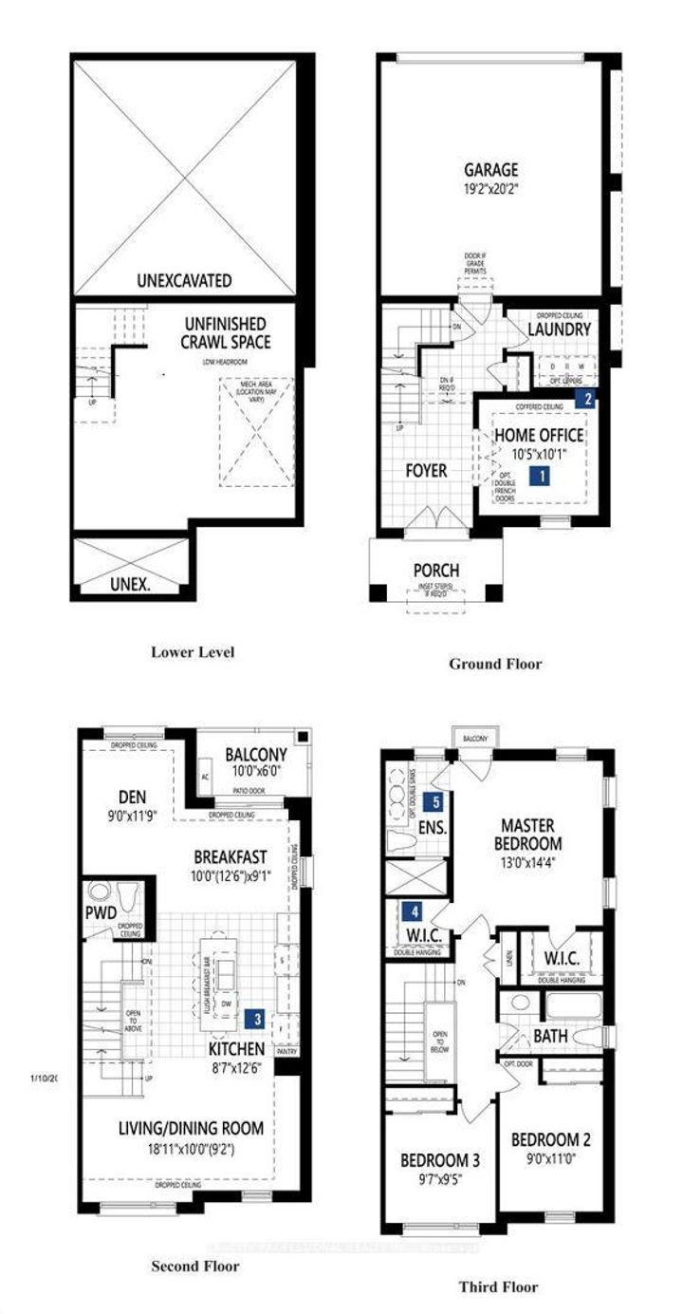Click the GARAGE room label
(490, 170)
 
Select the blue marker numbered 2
(588, 400)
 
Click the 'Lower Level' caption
(192, 652)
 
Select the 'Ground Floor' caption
(495, 664)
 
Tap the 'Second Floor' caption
(195, 1266)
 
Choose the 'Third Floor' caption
(498, 1286)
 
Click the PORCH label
(436, 571)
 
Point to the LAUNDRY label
(560, 328)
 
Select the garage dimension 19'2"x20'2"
(490, 188)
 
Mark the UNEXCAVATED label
(184, 280)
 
